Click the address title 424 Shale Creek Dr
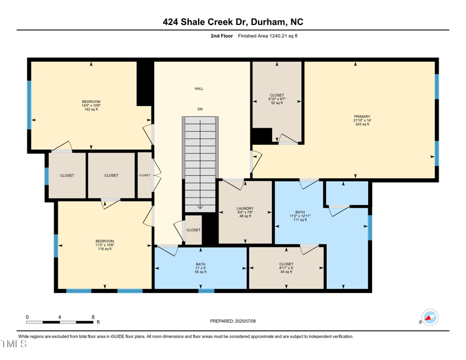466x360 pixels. pyautogui.click(x=233, y=22)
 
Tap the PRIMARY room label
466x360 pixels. pyautogui.click(x=362, y=117)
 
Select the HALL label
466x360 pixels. pyautogui.click(x=199, y=89)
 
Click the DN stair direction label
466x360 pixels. pyautogui.click(x=200, y=109)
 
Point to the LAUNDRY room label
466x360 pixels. pyautogui.click(x=245, y=209)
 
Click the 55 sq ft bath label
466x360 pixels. pyautogui.click(x=200, y=269)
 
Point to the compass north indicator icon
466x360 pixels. pyautogui.click(x=430, y=317)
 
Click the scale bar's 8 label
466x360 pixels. pyautogui.click(x=93, y=317)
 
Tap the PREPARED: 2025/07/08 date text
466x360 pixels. pyautogui.click(x=233, y=321)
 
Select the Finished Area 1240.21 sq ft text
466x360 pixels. pyautogui.click(x=268, y=36)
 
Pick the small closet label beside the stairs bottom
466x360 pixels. pyautogui.click(x=193, y=230)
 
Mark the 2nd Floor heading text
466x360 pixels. pyautogui.click(x=222, y=36)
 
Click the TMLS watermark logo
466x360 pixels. pyautogui.click(x=14, y=344)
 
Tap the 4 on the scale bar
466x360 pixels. pyautogui.click(x=59, y=317)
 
